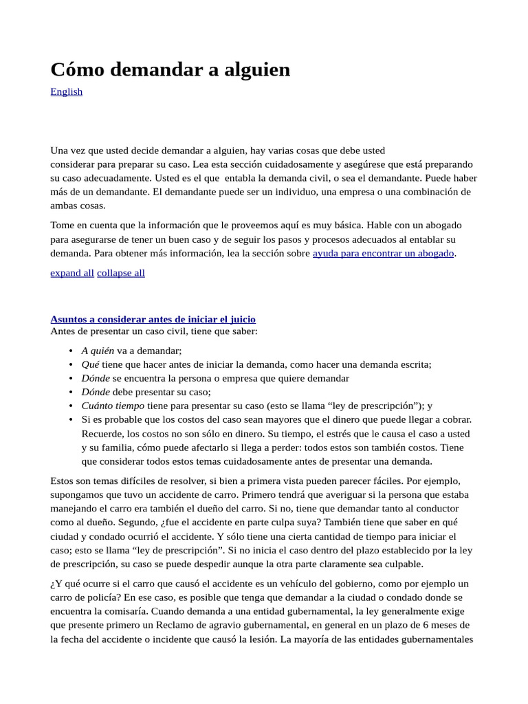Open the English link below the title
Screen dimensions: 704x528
tap(66, 91)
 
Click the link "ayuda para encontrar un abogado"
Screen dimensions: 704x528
tap(383, 253)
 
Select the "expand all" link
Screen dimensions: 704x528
tap(71, 273)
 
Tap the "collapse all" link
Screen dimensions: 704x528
tap(121, 273)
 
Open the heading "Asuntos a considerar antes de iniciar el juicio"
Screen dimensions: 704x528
tap(153, 319)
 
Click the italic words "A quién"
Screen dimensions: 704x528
tap(98, 351)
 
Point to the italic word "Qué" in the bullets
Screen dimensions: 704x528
tap(90, 364)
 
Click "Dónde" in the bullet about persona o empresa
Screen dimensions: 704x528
tap(96, 378)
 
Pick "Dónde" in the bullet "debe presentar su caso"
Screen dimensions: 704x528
tap(96, 392)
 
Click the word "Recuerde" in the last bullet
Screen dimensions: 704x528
tap(103, 433)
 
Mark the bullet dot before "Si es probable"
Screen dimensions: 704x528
tap(71, 419)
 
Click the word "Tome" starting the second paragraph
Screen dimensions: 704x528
tap(63, 225)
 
